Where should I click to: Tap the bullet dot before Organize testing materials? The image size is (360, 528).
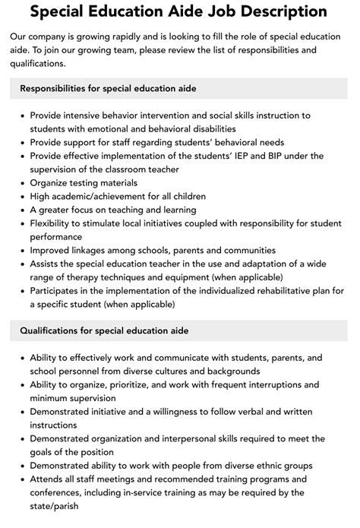click(x=20, y=182)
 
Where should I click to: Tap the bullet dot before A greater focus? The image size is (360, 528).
click(x=20, y=210)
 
